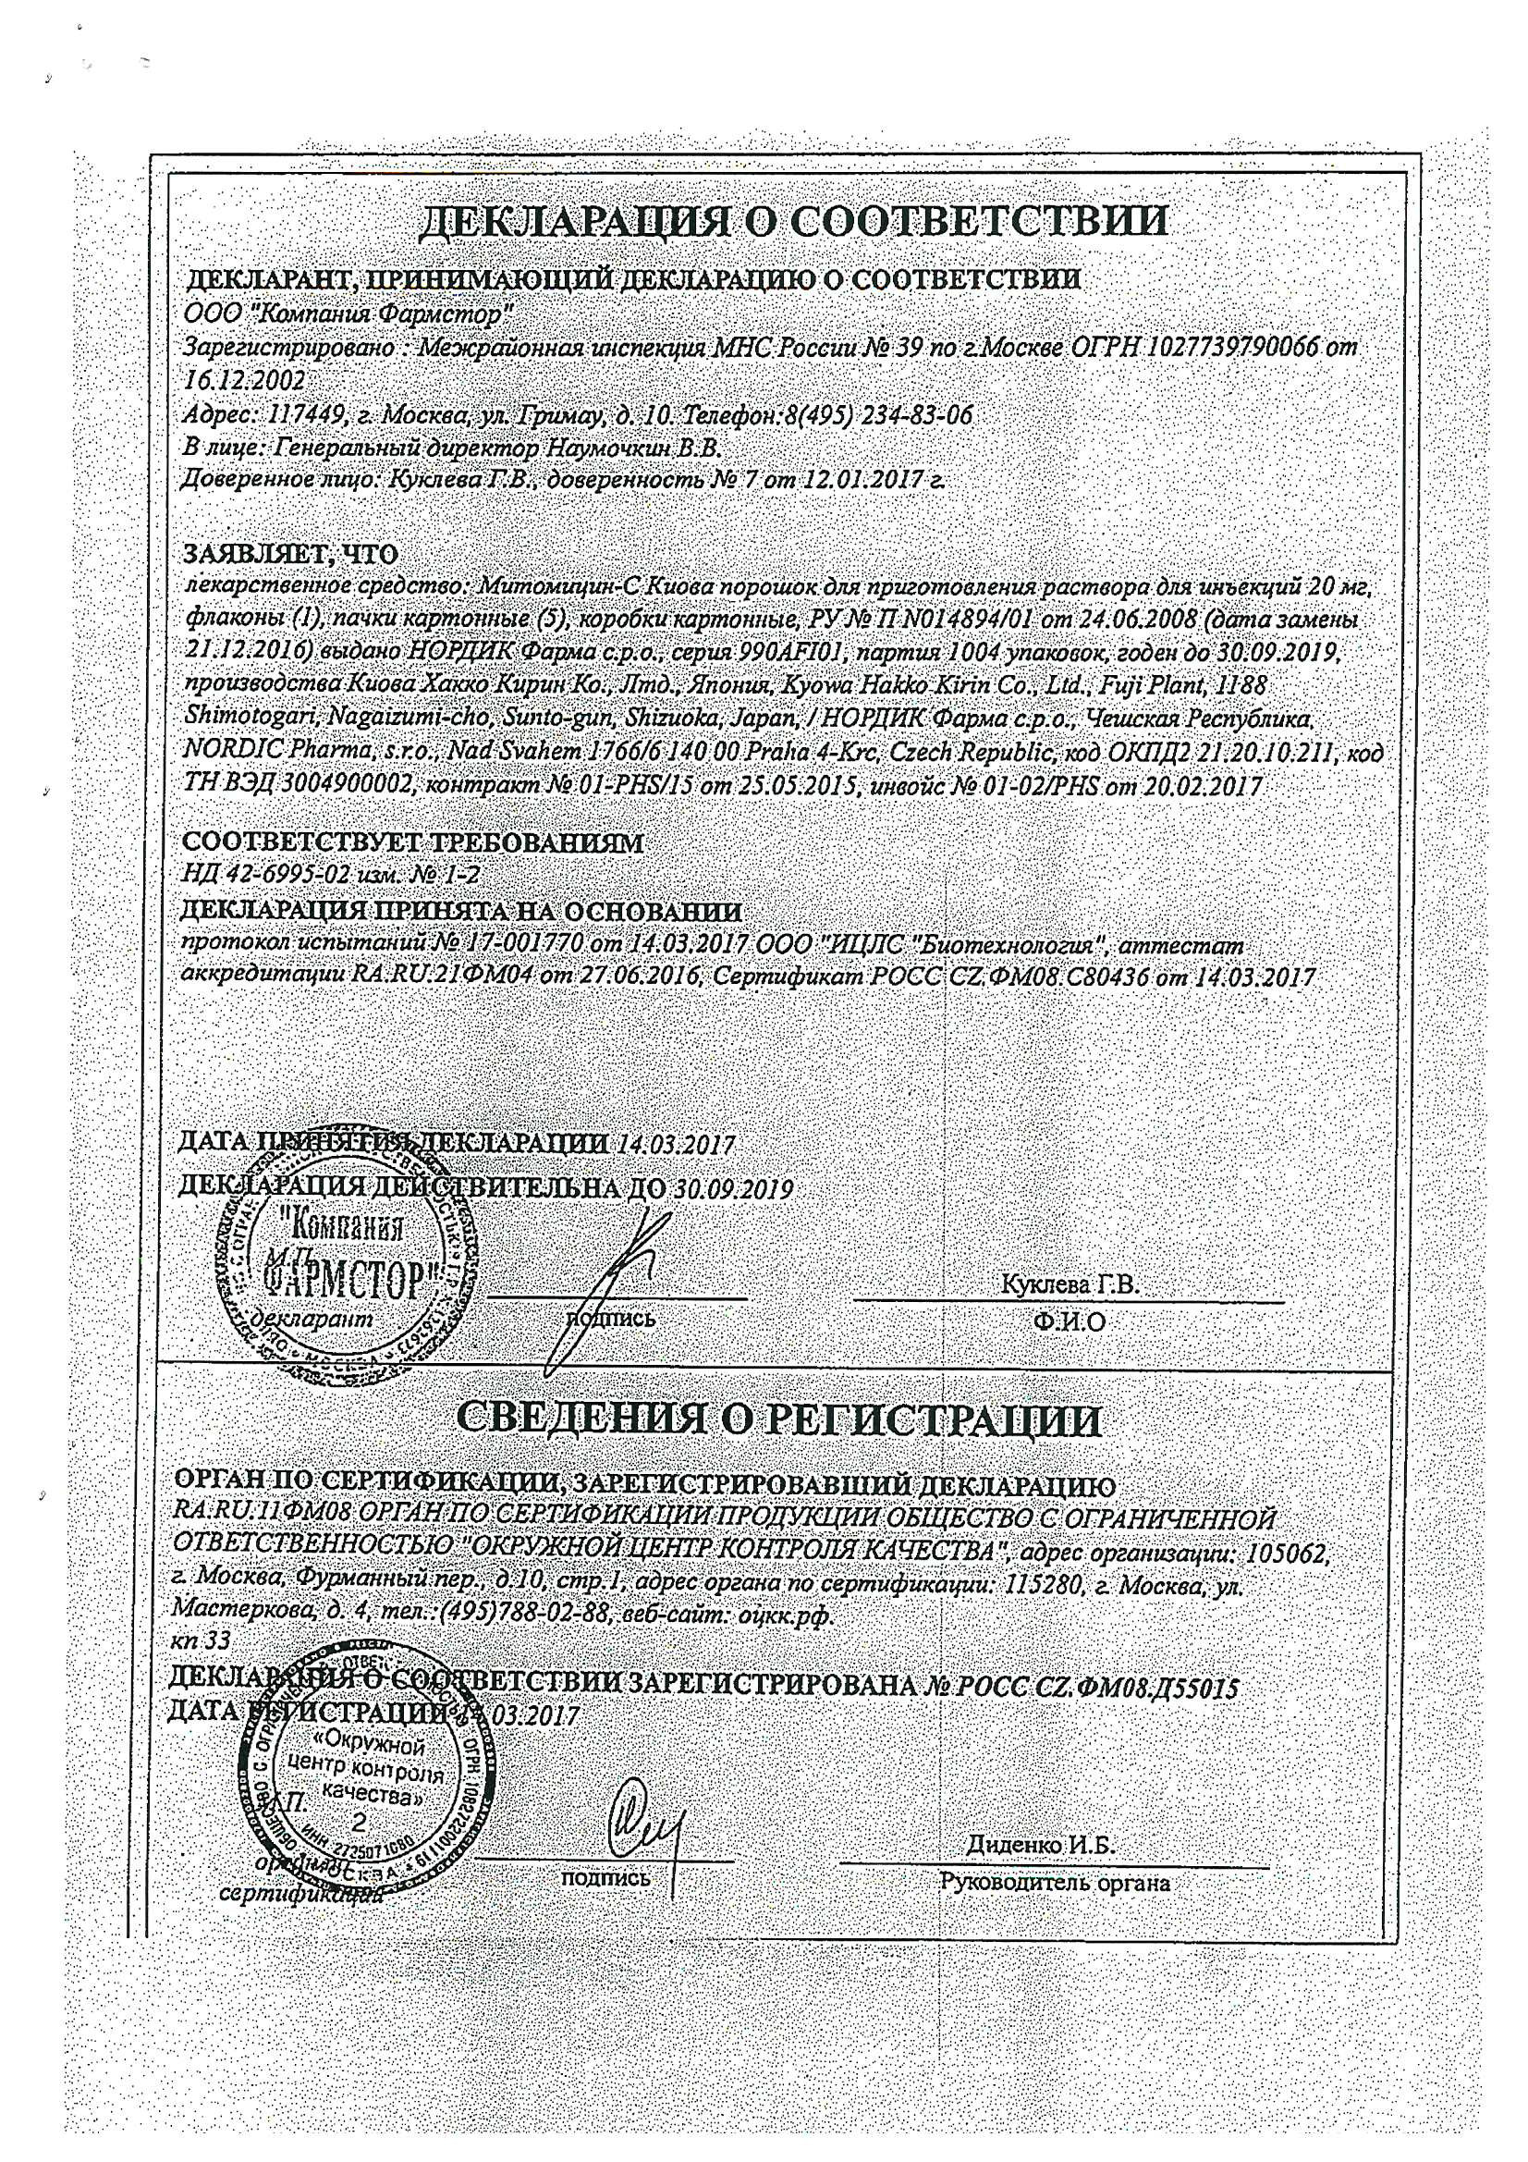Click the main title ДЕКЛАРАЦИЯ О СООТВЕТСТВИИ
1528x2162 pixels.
(791, 220)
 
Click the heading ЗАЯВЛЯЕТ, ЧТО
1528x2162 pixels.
(291, 552)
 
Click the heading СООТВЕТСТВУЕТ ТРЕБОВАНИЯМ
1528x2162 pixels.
(412, 842)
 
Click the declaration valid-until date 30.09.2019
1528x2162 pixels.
(734, 1189)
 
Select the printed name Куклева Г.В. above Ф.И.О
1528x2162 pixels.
(1070, 1284)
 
